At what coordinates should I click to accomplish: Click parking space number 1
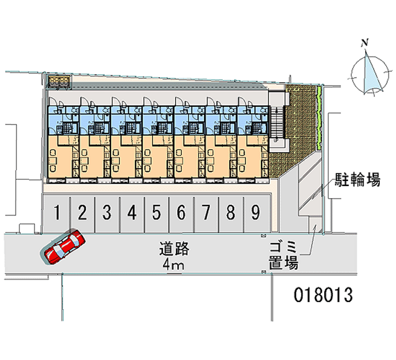coord(57,213)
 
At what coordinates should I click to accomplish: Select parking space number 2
coord(82,213)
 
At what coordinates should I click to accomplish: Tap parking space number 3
coord(106,213)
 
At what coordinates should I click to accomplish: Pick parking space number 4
coord(131,213)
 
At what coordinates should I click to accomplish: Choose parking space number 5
coord(156,213)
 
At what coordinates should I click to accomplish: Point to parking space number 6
coord(181,213)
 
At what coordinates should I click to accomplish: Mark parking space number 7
coord(206,213)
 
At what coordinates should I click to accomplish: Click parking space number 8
coord(231,213)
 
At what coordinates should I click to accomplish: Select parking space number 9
coord(255,213)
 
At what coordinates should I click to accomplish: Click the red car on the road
coord(64,246)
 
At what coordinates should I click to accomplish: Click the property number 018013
coord(323,295)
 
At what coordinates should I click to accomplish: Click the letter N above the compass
coord(365,43)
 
